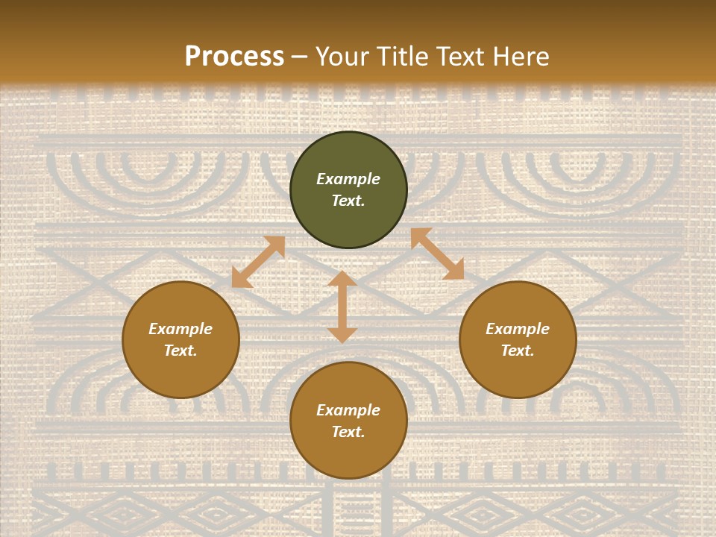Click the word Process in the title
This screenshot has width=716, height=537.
coord(234,57)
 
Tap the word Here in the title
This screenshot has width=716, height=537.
coord(519,57)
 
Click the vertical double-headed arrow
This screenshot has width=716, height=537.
coord(342,307)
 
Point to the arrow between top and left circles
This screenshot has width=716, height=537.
coord(258,262)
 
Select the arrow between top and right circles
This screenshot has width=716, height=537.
coord(437,254)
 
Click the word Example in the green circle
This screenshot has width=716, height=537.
coord(348,179)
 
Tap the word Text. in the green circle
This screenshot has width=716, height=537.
coord(348,201)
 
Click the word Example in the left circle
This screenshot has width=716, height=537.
coord(180,329)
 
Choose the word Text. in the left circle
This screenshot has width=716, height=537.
coord(180,351)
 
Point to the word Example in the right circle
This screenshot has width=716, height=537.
coord(518,329)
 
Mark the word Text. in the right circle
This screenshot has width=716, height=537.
coord(518,351)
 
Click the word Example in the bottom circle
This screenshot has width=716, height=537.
coord(348,410)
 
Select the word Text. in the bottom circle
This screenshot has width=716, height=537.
coord(348,432)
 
